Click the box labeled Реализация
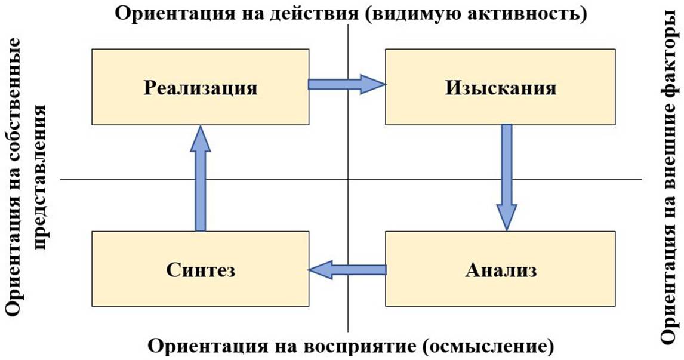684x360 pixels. coord(200,87)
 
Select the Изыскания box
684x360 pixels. coord(500,87)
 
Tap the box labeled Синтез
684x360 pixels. coord(200,269)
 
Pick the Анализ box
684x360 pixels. coord(500,269)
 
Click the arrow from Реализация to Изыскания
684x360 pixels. coord(347,84)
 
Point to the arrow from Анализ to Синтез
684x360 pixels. coord(347,270)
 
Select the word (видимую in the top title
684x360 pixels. coord(408,13)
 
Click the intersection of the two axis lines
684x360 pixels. coord(347,179)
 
